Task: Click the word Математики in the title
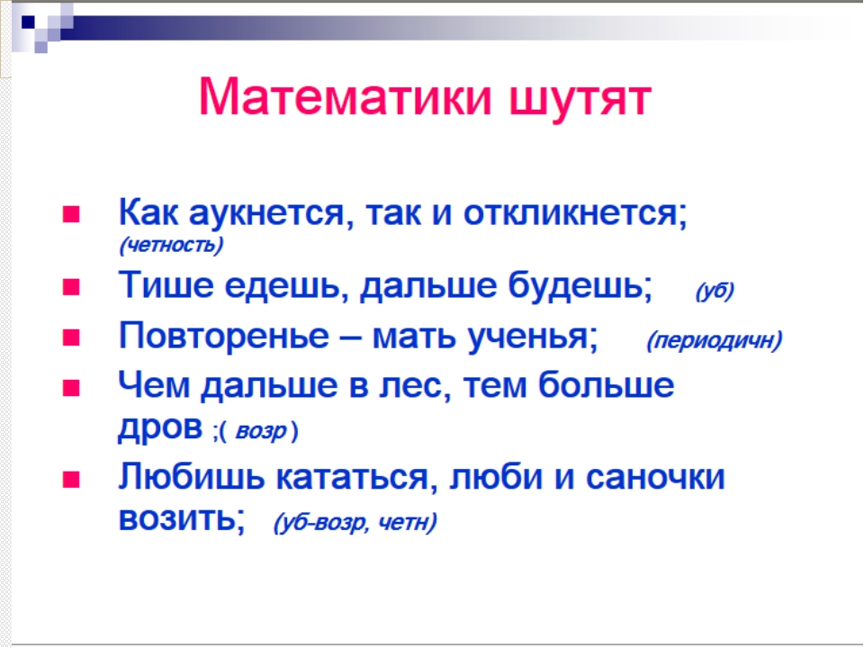click(345, 97)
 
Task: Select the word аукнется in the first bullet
click(267, 212)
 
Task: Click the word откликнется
click(575, 212)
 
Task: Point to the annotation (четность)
click(171, 245)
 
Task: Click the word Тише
click(166, 285)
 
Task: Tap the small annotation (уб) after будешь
click(715, 291)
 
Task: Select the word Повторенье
click(224, 336)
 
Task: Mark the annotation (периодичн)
click(715, 340)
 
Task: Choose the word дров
click(160, 427)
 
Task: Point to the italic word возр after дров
click(261, 431)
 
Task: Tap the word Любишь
click(192, 477)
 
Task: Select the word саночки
click(655, 477)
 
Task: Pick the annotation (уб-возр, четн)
click(355, 522)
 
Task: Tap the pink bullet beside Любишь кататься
click(72, 480)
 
